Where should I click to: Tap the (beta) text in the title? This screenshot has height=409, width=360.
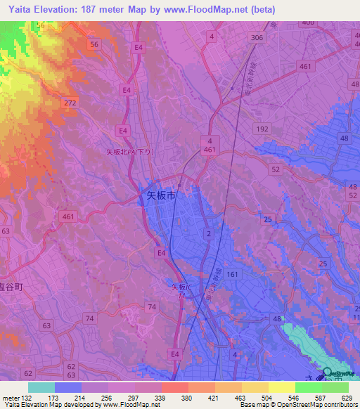coord(259,10)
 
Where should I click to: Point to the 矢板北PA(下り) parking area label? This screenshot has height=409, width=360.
coord(129,152)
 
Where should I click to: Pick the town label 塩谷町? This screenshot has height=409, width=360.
coord(12,287)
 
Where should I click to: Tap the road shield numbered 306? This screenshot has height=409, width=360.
coord(257,37)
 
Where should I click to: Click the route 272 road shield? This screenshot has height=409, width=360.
coord(70,103)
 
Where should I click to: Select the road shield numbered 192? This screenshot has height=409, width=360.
coord(262,129)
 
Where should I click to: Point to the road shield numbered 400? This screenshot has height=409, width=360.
coord(307,22)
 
